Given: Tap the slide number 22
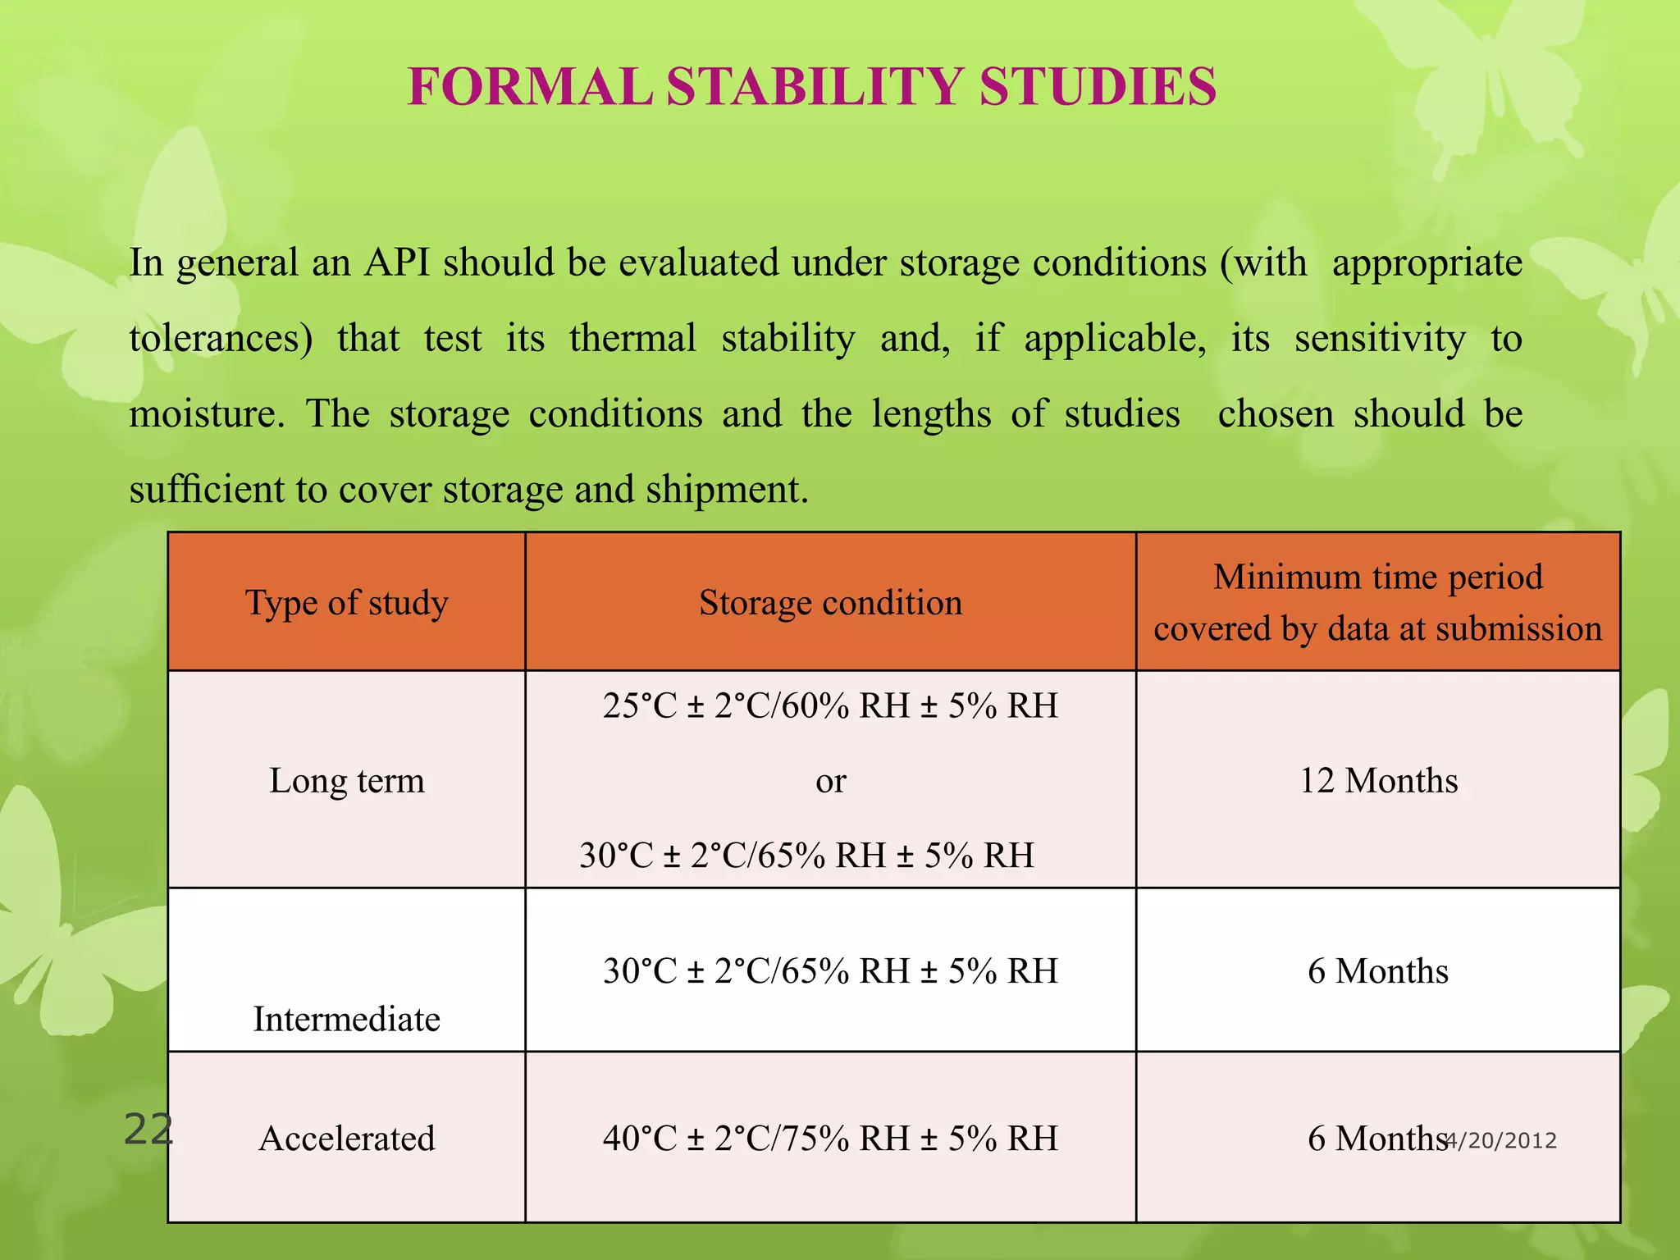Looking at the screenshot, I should pos(148,1130).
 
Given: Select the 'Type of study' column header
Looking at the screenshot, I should pos(346,603).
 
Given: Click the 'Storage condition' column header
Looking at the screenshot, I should pos(830,603).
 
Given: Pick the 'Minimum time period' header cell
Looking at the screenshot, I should pos(1378,577).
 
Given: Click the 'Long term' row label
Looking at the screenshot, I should pos(346,780).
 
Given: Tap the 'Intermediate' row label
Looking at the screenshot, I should pos(346,1019).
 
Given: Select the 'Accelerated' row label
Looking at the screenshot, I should pos(346,1139).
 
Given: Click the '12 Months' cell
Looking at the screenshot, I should pos(1378,780).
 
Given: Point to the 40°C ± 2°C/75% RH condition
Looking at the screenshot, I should pos(830,1139).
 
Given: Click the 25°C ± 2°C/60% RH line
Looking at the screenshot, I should pos(830,705).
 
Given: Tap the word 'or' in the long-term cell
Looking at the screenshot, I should pos(830,781).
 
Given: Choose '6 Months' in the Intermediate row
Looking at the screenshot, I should pos(1378,971).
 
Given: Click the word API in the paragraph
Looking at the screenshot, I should pos(398,263).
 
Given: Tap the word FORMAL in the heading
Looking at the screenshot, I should pos(529,87).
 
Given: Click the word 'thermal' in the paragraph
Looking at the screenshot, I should pos(632,338).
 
